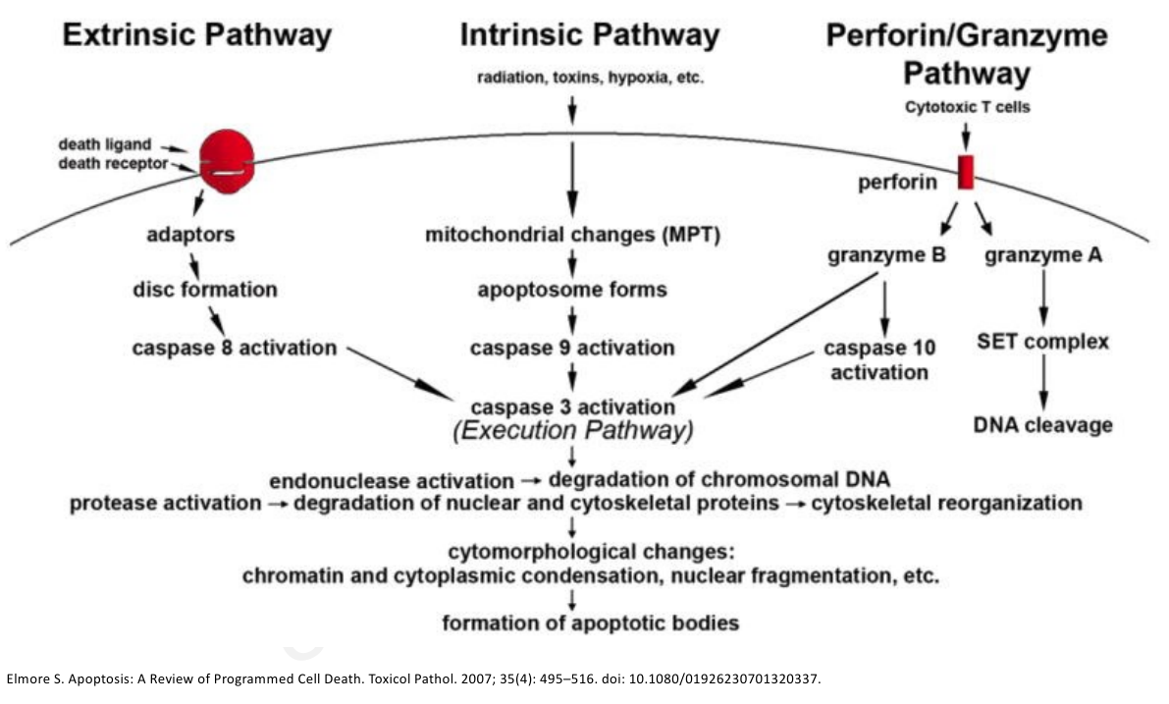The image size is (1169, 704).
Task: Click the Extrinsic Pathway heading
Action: coord(197,35)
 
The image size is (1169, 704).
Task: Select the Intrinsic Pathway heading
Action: coord(590,35)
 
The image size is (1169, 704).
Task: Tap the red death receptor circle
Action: coord(227,161)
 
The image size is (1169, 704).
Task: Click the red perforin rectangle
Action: coord(966,172)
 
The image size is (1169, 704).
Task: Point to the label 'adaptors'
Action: coord(190,234)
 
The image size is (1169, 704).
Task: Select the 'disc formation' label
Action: coord(205,290)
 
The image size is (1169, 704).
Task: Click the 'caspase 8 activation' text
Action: coord(235,349)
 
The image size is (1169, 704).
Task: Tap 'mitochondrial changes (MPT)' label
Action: coord(572,235)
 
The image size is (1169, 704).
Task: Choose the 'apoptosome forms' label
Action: coord(572,290)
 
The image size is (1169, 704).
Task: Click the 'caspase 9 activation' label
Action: coord(572,349)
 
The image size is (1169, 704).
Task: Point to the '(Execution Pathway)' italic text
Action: coord(572,431)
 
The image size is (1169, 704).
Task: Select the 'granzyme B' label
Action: coord(886,256)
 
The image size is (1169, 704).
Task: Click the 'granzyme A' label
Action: coord(1043,256)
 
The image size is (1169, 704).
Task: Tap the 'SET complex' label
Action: coord(1043,342)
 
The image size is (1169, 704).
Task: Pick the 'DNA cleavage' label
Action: coord(1043,425)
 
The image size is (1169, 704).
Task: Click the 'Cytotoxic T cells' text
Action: coord(967,107)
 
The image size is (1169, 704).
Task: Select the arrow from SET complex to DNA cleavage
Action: coord(1043,383)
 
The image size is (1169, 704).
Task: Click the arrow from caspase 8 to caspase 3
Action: coord(400,373)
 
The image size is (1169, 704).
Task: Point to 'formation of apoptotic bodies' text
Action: coord(591,623)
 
